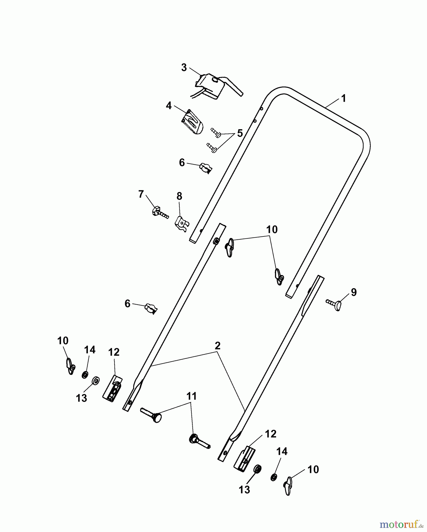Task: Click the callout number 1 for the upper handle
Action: tap(343, 98)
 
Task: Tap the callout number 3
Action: tap(184, 68)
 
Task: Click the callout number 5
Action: tap(240, 133)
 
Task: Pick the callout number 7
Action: tap(141, 194)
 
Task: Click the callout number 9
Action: tap(354, 292)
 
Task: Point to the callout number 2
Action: tap(217, 346)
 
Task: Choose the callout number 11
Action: tap(191, 396)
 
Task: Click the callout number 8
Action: tap(179, 196)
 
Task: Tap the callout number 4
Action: tap(169, 106)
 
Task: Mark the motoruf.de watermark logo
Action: tap(402, 524)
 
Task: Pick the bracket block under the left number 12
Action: tap(112, 388)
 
